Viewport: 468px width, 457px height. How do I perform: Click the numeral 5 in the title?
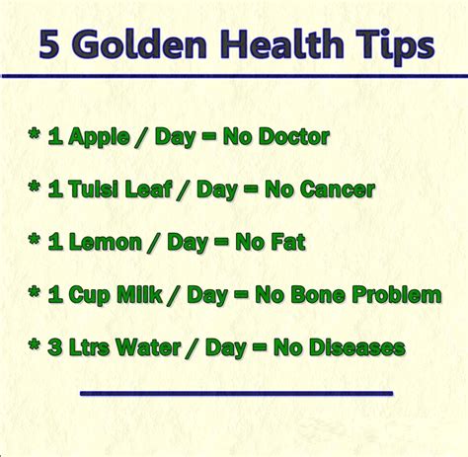pos(49,44)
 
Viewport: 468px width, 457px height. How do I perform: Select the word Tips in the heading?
pos(395,46)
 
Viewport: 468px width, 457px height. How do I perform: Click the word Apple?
pos(100,137)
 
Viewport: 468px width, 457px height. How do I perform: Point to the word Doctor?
pos(294,136)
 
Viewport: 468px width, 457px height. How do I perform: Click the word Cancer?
pos(338,190)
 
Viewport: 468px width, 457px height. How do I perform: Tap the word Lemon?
pos(106,242)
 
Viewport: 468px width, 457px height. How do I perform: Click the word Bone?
pos(318,294)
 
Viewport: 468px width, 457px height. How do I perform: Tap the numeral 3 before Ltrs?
pos(55,347)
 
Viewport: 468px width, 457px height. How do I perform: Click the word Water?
pos(148,347)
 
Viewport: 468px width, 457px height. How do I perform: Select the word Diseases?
pos(357,347)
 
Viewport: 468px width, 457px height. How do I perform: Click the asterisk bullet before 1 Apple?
pos(35,134)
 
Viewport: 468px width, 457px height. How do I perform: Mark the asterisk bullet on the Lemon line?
pos(35,240)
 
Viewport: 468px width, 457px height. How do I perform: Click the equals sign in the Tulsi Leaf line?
pos(251,189)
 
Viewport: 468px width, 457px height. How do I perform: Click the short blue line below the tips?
pos(236,393)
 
